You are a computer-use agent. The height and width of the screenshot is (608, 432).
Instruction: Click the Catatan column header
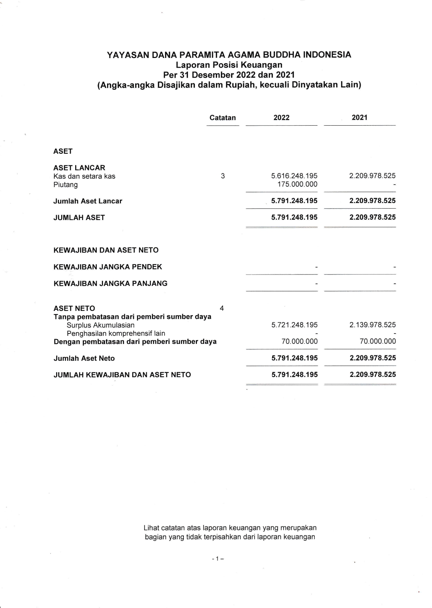coord(223,118)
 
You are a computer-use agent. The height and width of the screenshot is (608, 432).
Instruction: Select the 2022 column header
coord(281,118)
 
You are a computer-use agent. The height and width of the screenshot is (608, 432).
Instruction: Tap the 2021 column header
coord(360,118)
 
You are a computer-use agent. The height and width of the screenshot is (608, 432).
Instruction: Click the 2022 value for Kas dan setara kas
coord(294,176)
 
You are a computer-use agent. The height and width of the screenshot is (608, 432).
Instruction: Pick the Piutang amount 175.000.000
coord(297,184)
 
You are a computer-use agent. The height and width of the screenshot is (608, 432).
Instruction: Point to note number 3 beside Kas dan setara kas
coord(223,176)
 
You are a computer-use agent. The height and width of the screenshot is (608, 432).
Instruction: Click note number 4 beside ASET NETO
coord(222,308)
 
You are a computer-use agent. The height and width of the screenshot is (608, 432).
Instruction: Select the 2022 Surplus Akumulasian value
coord(294,325)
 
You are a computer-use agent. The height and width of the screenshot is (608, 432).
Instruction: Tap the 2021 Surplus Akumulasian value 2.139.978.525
coord(372,325)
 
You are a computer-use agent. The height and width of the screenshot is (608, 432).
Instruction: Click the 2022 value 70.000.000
coord(300,341)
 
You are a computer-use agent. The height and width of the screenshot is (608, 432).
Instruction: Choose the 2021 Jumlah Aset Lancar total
coord(372,201)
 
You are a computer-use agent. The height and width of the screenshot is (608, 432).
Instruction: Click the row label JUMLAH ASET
coord(79,218)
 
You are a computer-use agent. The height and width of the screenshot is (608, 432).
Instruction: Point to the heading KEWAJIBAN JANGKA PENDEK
coord(108,267)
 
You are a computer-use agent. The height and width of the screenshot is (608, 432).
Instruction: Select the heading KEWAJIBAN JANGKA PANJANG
coord(110,284)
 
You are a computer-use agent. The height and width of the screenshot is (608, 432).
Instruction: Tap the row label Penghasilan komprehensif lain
coord(116,333)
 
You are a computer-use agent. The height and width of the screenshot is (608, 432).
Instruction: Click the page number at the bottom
coord(218,559)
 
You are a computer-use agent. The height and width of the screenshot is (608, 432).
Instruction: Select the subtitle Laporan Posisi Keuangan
coord(229,65)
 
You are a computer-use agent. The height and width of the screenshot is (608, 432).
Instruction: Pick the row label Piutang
coord(66,185)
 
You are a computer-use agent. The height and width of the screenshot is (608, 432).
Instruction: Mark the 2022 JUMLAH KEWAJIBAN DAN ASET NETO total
coord(294,375)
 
